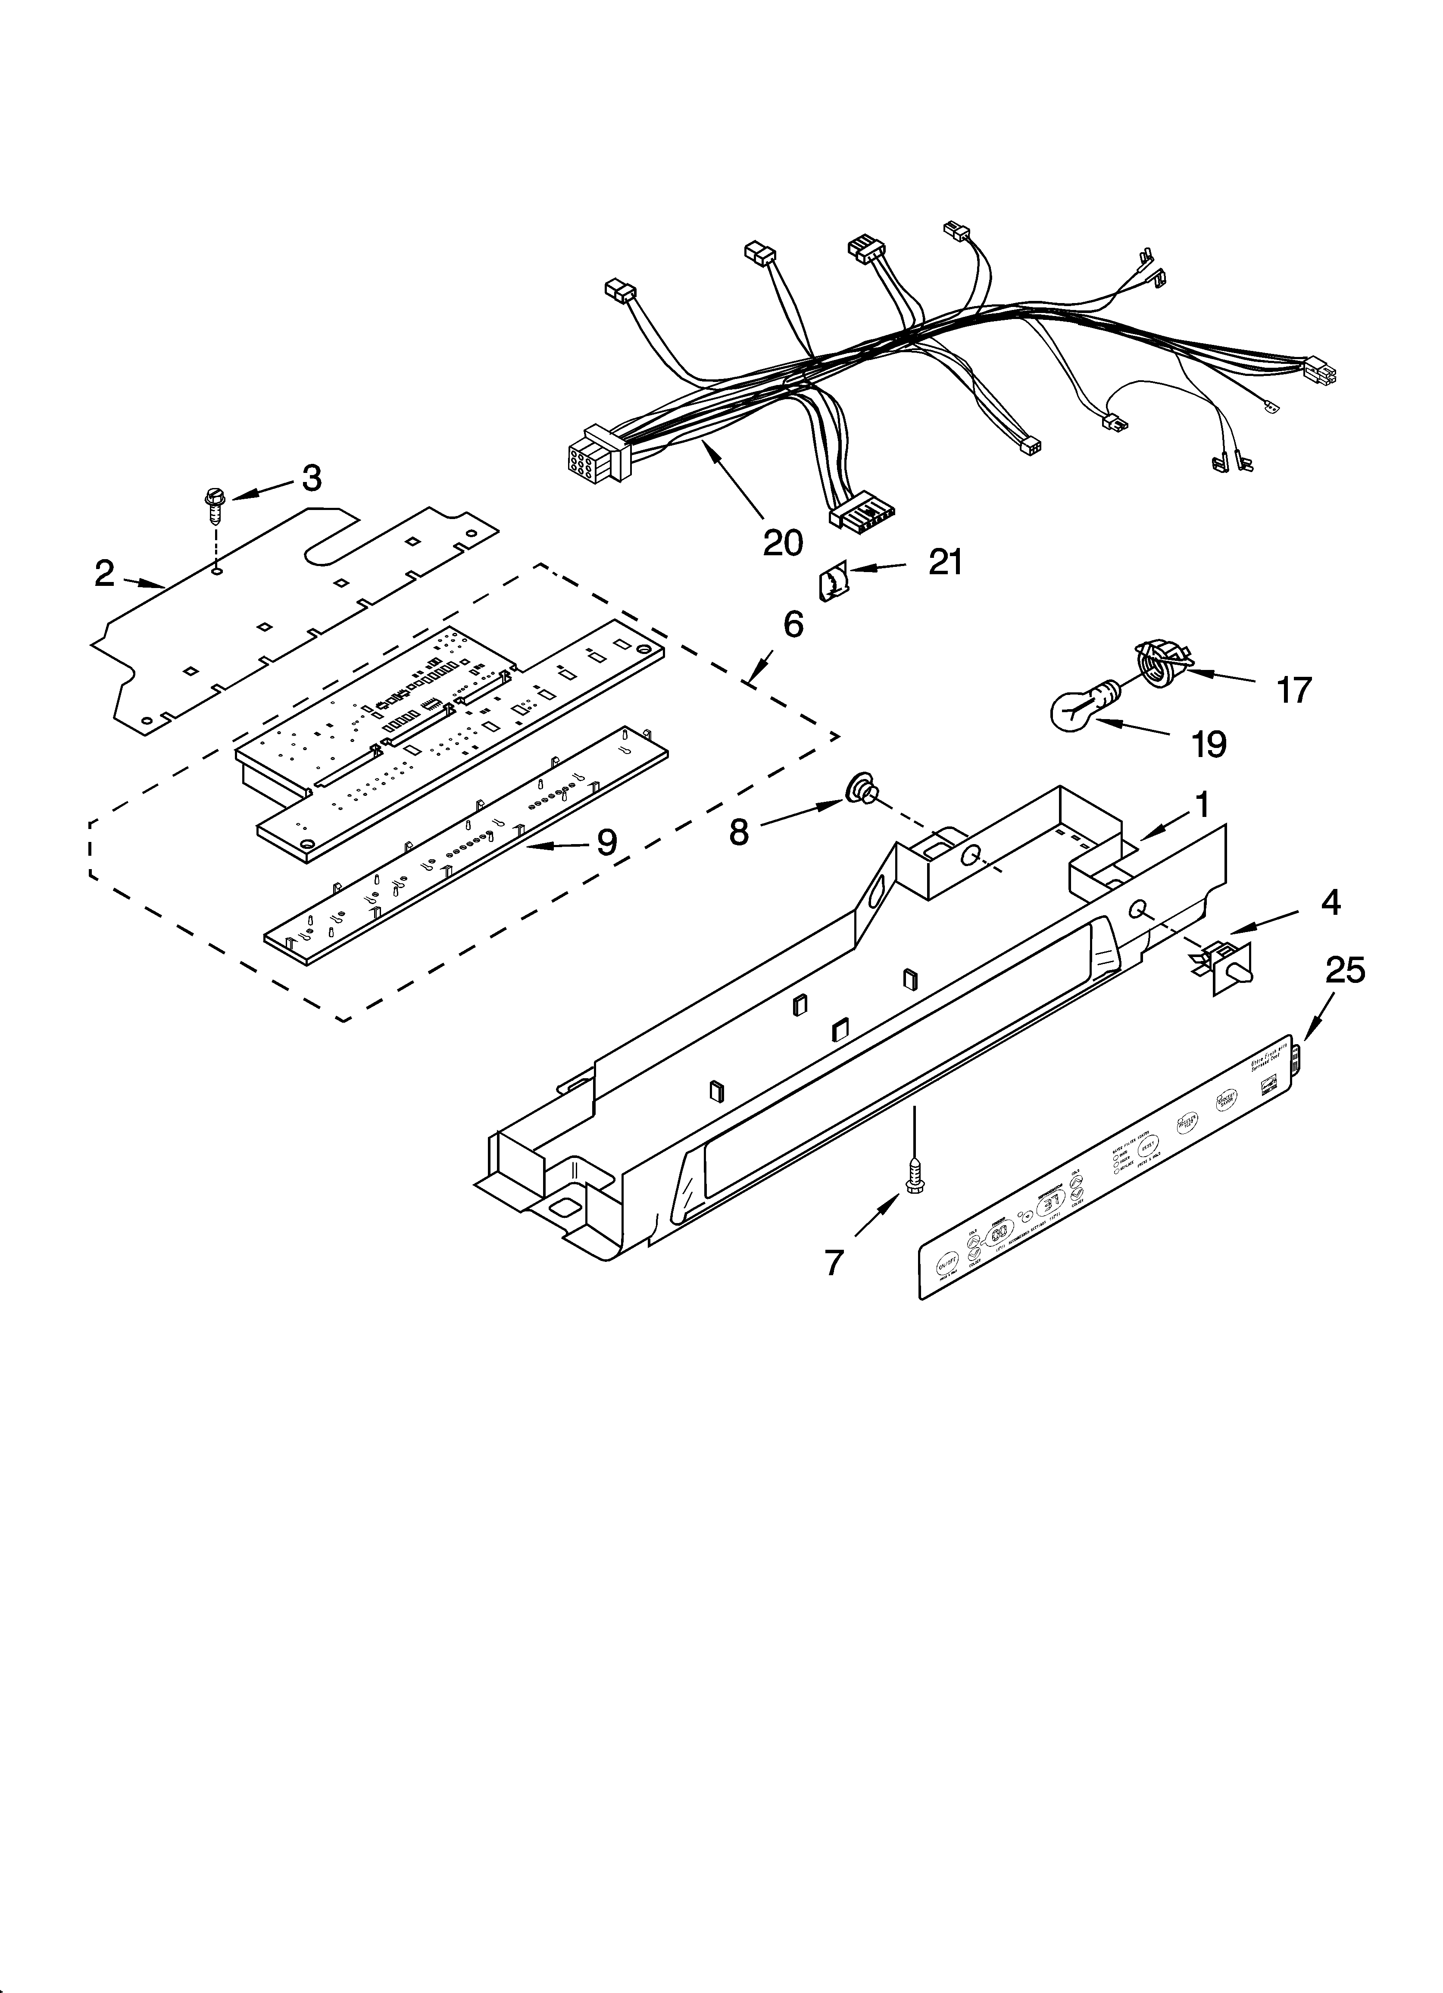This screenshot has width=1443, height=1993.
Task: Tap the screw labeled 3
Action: [x=212, y=505]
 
